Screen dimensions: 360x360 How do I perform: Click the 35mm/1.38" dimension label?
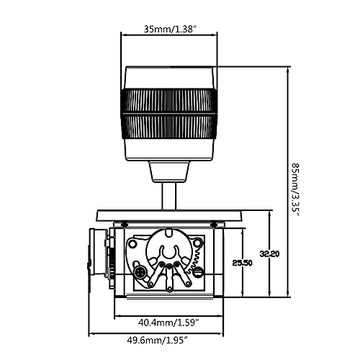coord(170,30)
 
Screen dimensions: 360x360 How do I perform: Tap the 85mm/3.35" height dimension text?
coord(295,189)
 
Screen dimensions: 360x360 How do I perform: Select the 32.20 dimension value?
coord(269,253)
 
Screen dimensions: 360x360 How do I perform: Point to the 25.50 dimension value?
coord(243,263)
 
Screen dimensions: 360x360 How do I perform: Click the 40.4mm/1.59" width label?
coord(169,323)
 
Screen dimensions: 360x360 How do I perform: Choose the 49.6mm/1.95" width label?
coord(157,340)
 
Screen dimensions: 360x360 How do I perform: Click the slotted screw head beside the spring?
coord(198,272)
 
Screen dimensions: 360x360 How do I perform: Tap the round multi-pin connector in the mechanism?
coord(140,273)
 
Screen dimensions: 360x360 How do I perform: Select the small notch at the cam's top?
coord(169,233)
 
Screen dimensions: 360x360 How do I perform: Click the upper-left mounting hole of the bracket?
coord(132,244)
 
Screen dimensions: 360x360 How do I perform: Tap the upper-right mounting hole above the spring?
coord(197,240)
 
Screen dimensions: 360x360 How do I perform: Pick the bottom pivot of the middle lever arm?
coord(170,289)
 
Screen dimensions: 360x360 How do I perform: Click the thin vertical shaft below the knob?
coord(169,196)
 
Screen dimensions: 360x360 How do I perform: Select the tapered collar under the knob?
coord(169,172)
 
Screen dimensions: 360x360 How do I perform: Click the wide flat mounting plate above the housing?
coord(169,215)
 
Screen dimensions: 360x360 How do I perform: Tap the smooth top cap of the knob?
coord(169,78)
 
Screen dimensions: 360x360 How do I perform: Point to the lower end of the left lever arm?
coord(151,284)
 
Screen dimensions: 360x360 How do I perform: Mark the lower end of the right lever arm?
coord(189,284)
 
